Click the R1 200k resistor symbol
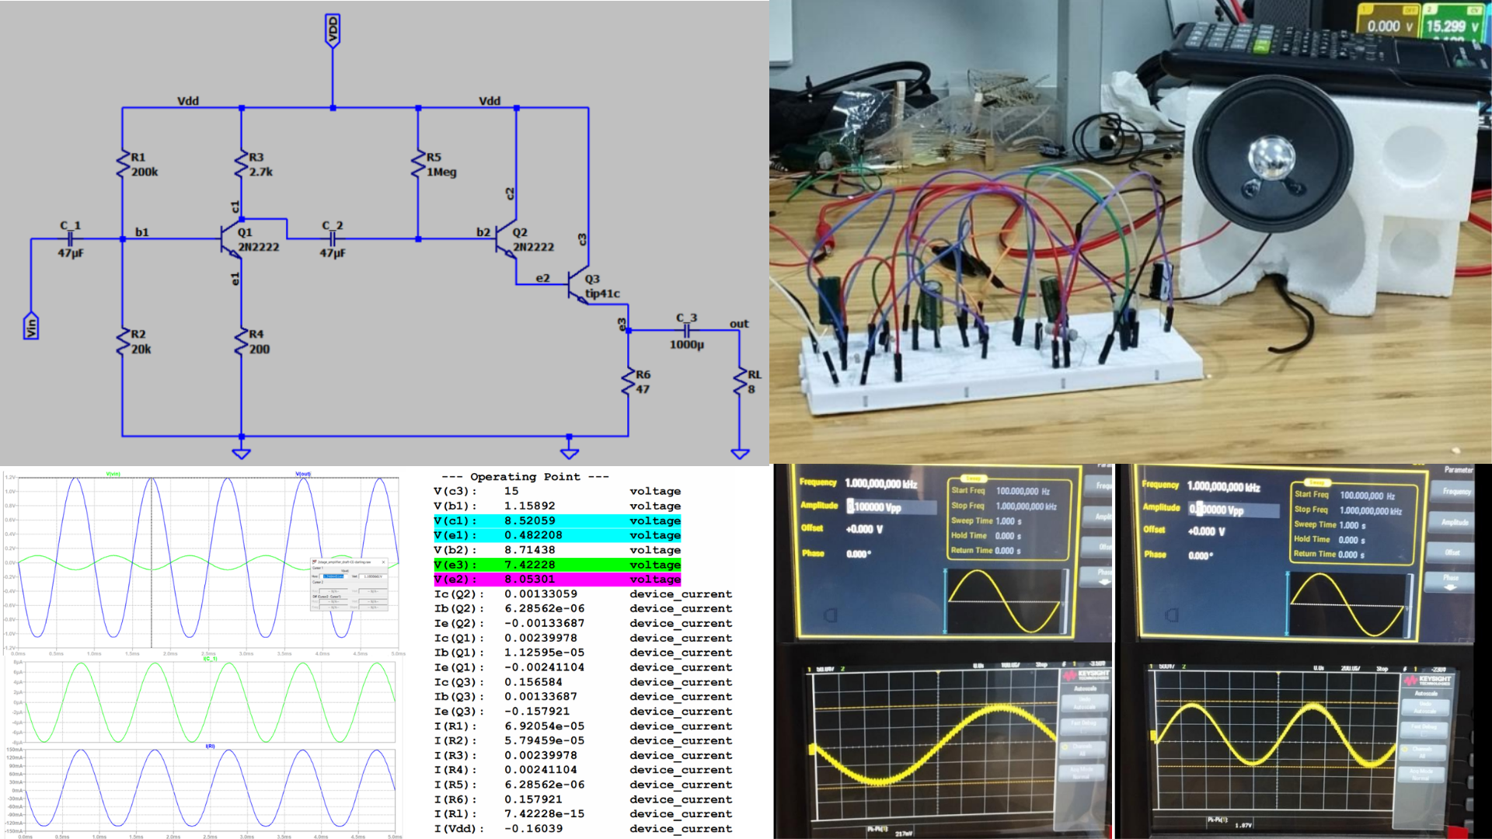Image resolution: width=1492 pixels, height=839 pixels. [123, 164]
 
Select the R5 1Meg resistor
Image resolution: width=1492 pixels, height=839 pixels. [419, 164]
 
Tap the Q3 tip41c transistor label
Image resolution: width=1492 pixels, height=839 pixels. [601, 287]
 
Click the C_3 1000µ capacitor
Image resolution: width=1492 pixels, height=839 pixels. [687, 330]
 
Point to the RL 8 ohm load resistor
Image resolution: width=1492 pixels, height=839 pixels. [740, 381]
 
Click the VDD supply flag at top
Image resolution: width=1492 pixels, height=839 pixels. [333, 31]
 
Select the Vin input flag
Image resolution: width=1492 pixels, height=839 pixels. [31, 326]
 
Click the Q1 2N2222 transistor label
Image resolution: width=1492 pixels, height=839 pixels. [257, 240]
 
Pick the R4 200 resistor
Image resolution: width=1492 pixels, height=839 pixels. [242, 341]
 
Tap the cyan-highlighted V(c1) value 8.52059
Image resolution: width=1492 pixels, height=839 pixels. [529, 520]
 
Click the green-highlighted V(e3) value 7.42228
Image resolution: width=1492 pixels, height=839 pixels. [529, 565]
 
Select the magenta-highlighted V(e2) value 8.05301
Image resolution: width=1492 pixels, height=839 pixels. [529, 580]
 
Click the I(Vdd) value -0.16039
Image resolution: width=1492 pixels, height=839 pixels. [533, 829]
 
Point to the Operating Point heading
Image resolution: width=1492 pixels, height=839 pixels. [525, 477]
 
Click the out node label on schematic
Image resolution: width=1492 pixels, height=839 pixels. [739, 324]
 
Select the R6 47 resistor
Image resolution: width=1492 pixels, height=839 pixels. [629, 381]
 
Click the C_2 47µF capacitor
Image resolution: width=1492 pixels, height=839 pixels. [333, 238]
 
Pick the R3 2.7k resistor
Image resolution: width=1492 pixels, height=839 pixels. [242, 164]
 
